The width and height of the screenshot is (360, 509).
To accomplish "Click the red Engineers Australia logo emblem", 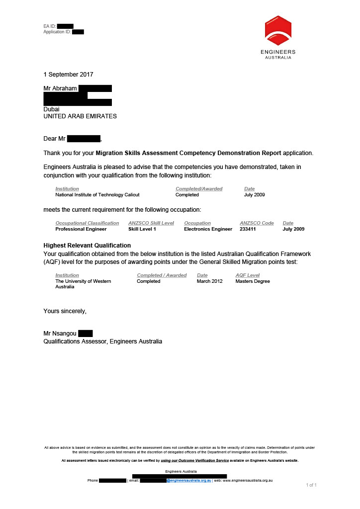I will [278, 30].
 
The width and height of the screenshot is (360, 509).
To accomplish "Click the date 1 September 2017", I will [68, 75].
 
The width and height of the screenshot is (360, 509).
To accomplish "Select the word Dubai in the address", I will [51, 109].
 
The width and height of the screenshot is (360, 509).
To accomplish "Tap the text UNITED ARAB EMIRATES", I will [80, 116].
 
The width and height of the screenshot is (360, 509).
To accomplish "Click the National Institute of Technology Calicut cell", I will [97, 195].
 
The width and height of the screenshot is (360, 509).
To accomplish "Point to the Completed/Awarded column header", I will [199, 189].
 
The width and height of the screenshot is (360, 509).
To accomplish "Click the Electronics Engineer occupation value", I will [208, 229].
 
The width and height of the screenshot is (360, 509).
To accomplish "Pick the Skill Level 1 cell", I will [142, 229].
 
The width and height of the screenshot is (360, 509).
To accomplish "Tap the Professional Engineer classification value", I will [81, 229].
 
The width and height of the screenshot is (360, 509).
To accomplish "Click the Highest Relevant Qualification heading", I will [87, 246].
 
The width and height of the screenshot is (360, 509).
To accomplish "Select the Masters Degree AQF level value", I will [253, 281].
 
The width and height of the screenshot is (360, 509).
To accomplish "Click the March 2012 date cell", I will [210, 281].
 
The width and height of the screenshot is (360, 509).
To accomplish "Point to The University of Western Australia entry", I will [83, 284].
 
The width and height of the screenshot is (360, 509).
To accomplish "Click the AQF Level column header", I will [248, 275].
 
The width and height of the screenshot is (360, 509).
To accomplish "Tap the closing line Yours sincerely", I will [65, 311].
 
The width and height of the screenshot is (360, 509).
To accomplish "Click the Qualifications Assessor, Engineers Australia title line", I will [102, 341].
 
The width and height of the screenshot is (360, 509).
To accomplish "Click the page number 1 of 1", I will [311, 485].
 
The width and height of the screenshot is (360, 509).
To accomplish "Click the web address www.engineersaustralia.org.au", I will [248, 481].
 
